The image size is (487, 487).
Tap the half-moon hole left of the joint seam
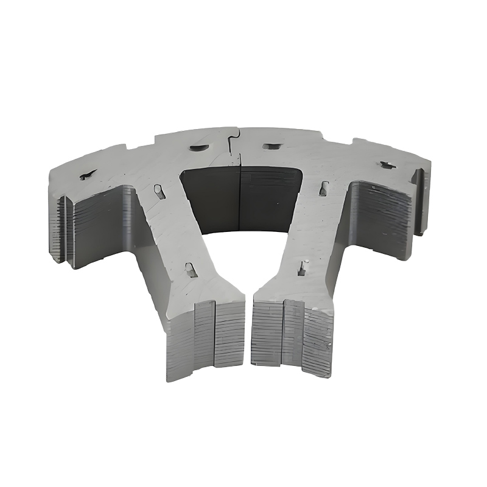pos(198,147)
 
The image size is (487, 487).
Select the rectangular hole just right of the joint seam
pos(272,146)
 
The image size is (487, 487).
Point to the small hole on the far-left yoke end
pos(87,175)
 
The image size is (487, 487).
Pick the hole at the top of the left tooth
pos(159,192)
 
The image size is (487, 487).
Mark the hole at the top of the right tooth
pos(323,188)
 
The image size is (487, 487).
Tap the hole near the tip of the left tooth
pos(191,270)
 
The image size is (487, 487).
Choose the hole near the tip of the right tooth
pos(301,267)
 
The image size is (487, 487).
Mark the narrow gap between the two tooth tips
pos(248,332)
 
